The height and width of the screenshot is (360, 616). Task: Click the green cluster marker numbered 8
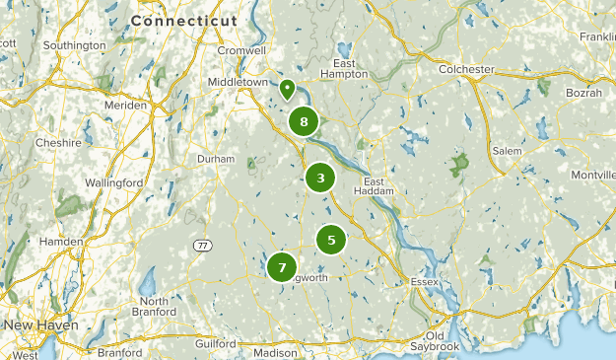(x=304, y=121)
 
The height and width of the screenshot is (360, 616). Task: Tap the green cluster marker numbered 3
(x=320, y=179)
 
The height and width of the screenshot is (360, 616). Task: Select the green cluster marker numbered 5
(x=331, y=239)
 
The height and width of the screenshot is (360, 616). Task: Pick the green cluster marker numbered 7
(x=282, y=266)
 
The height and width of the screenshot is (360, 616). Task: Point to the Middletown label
(x=238, y=82)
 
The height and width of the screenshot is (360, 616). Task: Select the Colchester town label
(x=466, y=69)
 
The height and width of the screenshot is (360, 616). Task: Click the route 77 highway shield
(x=202, y=244)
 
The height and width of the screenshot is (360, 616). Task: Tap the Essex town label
(x=424, y=282)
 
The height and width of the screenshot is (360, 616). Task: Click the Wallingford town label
(x=113, y=183)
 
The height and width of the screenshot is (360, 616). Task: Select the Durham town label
(x=216, y=159)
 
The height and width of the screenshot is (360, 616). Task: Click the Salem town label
(x=507, y=150)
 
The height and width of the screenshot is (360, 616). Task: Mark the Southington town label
(x=75, y=45)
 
